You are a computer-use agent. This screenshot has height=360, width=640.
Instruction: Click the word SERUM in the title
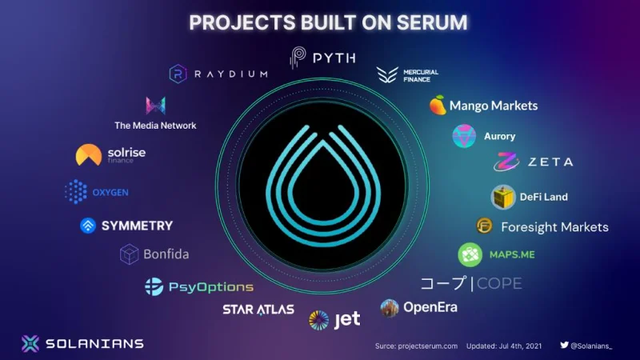coord(432,23)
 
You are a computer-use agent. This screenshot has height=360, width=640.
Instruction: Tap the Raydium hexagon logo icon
coord(178,74)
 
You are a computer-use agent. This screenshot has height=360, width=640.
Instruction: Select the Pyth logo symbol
coord(298,57)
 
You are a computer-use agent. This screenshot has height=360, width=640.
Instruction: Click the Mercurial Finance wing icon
coord(387,74)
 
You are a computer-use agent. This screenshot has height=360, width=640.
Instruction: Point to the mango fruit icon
coord(438,105)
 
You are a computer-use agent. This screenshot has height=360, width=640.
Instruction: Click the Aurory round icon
coord(464,136)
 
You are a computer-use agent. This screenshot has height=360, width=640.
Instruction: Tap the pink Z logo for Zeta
coord(506,162)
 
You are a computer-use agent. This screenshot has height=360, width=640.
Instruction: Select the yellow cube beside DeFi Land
coord(503,197)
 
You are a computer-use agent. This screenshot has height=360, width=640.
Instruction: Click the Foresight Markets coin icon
coord(485,226)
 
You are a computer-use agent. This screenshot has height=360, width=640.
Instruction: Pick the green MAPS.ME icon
coord(470,254)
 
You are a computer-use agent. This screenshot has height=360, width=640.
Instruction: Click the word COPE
coord(499,283)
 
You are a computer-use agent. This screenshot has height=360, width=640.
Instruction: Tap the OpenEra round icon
coord(390,308)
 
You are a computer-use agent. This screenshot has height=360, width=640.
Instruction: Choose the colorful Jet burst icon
coord(318,320)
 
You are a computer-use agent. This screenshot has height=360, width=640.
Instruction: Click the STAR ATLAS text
coord(258,310)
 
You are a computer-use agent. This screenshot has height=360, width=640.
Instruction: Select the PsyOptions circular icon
coord(154,286)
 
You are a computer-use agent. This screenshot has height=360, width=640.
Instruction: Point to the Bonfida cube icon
coord(129,254)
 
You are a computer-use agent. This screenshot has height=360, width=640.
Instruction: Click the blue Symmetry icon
coord(88,226)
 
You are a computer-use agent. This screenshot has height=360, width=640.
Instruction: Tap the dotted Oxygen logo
coord(76,191)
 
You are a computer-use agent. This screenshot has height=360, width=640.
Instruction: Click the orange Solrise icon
coord(89,154)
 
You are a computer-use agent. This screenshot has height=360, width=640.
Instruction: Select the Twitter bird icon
coord(565,345)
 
